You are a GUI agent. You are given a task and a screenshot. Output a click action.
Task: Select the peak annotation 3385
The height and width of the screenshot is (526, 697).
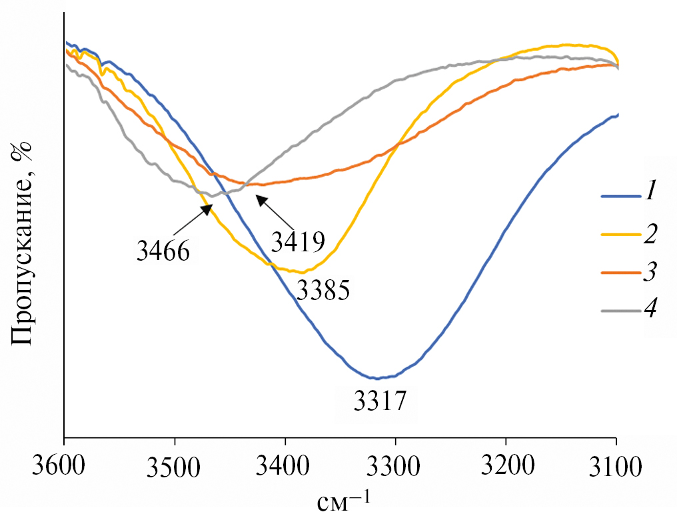pos(323,291)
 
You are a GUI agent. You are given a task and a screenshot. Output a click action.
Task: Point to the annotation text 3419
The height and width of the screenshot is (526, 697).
pos(297,239)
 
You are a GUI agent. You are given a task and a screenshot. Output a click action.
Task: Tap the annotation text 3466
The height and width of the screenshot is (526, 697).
pos(164,251)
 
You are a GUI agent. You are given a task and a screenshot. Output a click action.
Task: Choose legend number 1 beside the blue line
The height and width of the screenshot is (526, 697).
pos(650,195)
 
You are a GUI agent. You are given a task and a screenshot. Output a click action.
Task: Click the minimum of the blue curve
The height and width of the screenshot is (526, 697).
pos(378,378)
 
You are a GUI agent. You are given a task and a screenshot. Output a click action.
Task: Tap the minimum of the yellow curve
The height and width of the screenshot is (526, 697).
pos(303,272)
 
